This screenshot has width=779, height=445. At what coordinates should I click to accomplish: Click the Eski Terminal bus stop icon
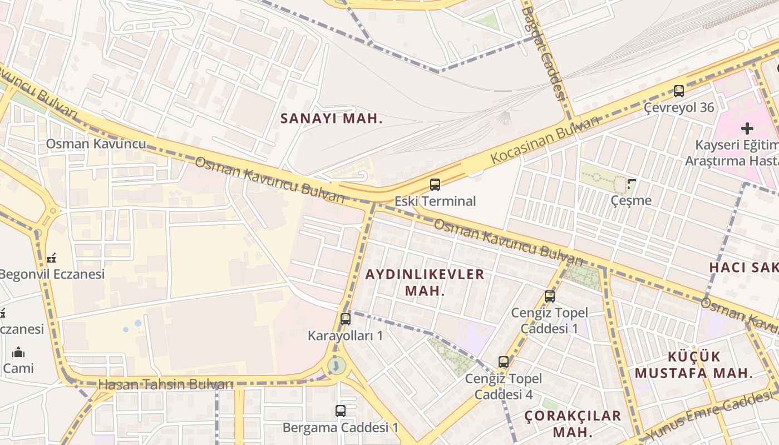(435, 184)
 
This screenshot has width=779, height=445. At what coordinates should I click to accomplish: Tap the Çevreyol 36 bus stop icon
(678, 91)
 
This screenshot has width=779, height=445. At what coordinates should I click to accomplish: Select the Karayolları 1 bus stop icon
(345, 319)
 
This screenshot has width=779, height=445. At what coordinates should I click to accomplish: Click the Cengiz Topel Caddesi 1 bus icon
(550, 296)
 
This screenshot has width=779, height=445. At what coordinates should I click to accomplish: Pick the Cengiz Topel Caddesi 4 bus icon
(503, 362)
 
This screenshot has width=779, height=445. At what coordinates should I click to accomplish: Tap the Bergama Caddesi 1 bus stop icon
(340, 411)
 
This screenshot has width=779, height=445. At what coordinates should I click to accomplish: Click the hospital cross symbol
(747, 128)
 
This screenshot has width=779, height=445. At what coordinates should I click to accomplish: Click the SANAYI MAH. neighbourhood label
(332, 118)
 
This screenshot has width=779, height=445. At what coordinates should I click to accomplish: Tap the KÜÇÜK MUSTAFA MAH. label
(694, 364)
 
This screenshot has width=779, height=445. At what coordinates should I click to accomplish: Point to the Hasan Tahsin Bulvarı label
(166, 384)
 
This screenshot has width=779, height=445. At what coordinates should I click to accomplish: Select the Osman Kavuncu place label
(96, 144)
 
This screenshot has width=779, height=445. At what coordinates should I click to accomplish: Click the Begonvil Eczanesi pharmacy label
(52, 274)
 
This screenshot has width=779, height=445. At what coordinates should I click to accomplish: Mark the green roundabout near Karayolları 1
(336, 365)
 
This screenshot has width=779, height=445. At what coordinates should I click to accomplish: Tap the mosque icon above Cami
(18, 352)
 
